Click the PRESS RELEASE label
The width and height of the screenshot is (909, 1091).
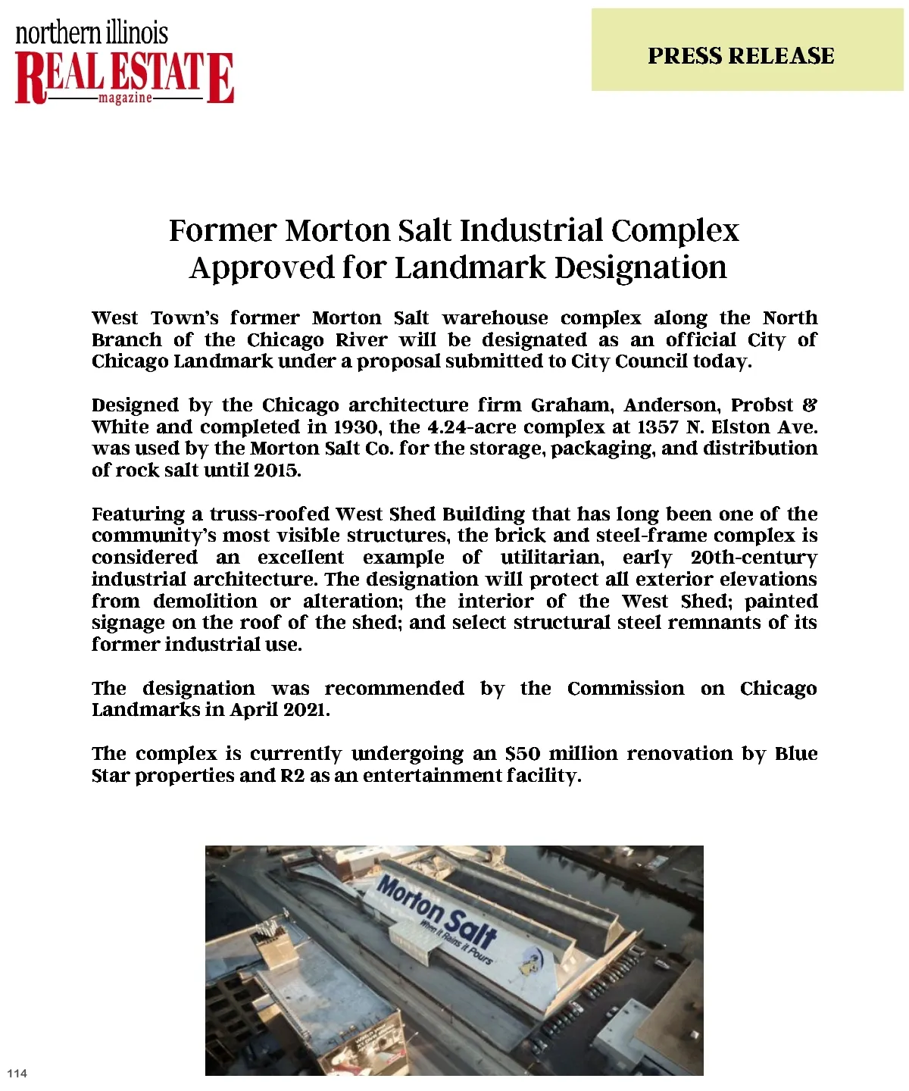(741, 56)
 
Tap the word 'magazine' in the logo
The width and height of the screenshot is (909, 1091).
(125, 98)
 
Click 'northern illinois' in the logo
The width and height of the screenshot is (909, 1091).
(92, 33)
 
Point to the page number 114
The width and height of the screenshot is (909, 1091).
(17, 1073)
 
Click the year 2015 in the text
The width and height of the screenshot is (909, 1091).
(276, 470)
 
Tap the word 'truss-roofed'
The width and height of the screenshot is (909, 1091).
(270, 514)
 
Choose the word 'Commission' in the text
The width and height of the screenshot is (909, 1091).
(625, 689)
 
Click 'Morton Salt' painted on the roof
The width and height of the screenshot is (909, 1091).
(437, 912)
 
